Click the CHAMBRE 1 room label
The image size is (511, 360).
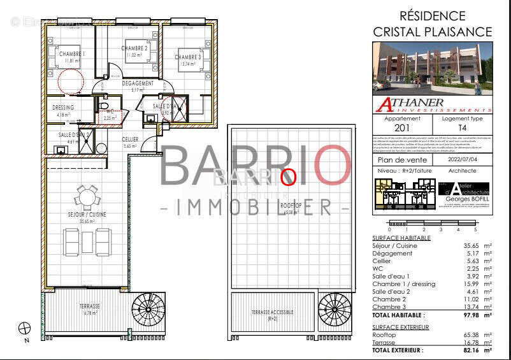[x=72, y=54]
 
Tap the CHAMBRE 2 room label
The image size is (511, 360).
[x=134, y=48]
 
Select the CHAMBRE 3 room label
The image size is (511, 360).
[x=188, y=57]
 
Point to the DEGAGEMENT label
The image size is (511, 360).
[x=138, y=83]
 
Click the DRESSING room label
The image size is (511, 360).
[x=63, y=108]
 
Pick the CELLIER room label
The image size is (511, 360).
[x=130, y=139]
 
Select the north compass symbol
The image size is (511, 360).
[x=25, y=329]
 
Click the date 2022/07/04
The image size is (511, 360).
[x=461, y=160]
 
